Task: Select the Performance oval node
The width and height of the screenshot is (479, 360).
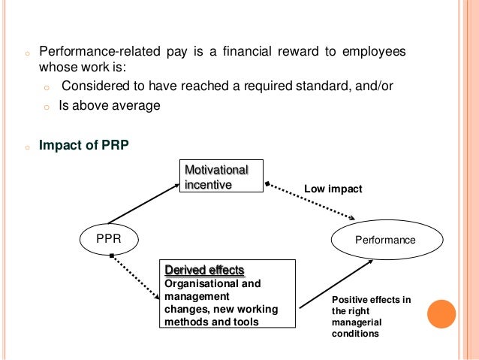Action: pyautogui.click(x=384, y=240)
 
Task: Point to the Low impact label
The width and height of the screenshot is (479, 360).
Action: pyautogui.click(x=333, y=189)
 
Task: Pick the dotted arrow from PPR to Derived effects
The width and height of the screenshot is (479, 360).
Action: pyautogui.click(x=134, y=282)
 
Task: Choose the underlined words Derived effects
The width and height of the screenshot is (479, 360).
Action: pyautogui.click(x=204, y=270)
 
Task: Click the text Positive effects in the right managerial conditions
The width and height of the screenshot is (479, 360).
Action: pyautogui.click(x=371, y=316)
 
